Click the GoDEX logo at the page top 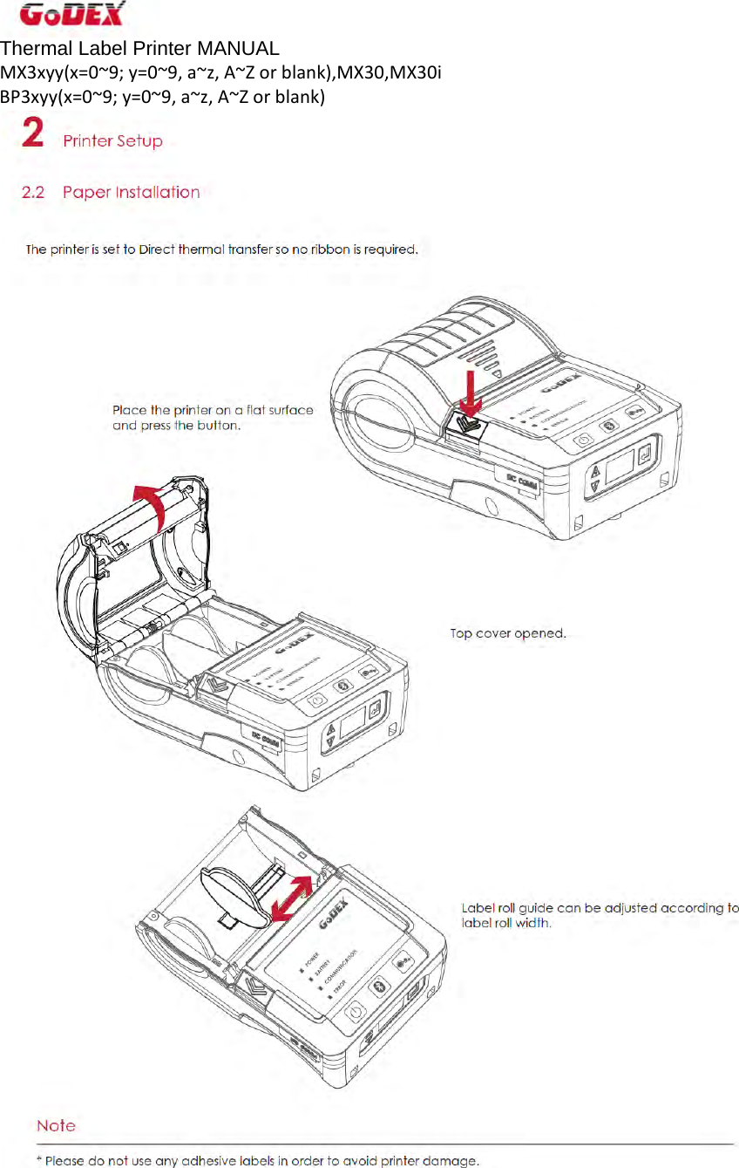point(71,15)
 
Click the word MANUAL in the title point(238,49)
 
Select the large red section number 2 point(33,134)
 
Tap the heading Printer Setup point(112,141)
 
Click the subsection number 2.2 point(33,193)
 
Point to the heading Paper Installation point(131,193)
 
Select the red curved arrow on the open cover point(153,506)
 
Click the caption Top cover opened point(508,633)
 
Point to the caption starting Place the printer point(213,418)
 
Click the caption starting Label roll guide point(600,915)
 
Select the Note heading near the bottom point(56,1126)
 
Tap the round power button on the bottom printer point(353,1014)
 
